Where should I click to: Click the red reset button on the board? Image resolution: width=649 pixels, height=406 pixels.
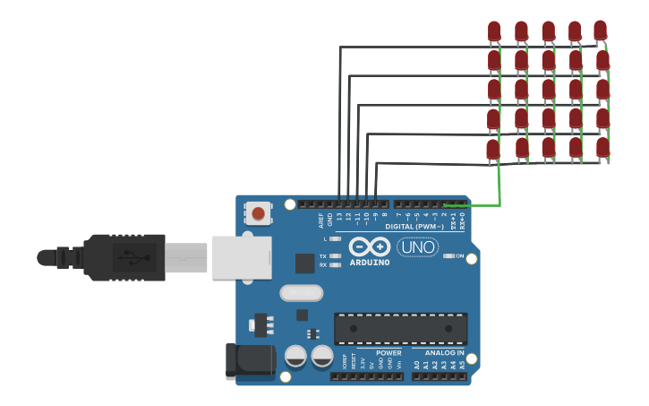click(258, 213)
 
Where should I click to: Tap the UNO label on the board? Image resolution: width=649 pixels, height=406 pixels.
click(417, 246)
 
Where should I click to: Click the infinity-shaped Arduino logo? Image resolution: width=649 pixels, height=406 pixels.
click(369, 246)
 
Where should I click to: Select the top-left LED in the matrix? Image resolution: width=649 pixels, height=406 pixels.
click(494, 31)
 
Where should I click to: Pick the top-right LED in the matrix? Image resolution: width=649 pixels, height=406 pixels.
click(601, 30)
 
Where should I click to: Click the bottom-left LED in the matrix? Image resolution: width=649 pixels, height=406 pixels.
click(493, 149)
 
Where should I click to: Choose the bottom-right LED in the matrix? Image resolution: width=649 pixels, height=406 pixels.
click(602, 147)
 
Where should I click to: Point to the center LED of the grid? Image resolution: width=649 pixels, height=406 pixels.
click(548, 90)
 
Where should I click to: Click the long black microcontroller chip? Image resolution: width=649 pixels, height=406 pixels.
click(400, 329)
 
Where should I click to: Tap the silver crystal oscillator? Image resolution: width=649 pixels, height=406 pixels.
click(301, 293)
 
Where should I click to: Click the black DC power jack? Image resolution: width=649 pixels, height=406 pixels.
click(251, 360)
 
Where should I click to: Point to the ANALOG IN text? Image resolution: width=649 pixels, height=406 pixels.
click(444, 353)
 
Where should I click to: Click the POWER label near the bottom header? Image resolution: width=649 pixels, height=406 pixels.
click(389, 353)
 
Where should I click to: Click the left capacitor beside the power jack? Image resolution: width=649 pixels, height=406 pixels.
click(296, 357)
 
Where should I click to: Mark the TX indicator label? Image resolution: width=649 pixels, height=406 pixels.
click(323, 256)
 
